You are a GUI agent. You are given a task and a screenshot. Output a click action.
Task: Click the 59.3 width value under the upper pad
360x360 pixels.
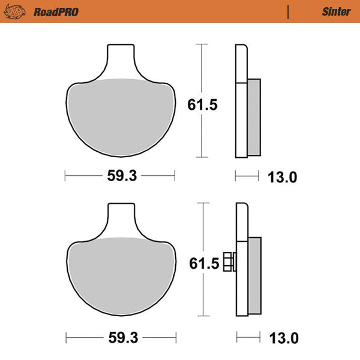pos(121,176)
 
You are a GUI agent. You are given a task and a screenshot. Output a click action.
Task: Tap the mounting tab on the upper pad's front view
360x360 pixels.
pos(120,60)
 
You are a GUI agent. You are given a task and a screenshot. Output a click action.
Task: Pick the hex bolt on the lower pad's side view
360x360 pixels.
pos(229,262)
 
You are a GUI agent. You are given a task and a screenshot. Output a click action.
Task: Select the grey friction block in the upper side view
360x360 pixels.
pos(253,117)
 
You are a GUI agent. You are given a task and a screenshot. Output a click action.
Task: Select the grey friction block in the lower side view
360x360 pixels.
pos(254,276)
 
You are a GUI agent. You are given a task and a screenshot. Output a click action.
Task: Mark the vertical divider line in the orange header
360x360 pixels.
pos(289,11)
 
